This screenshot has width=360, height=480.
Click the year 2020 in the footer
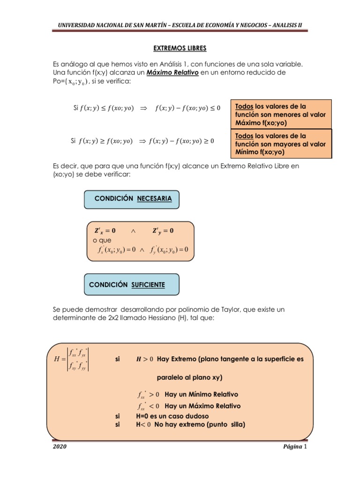59,447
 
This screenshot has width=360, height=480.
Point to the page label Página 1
294,447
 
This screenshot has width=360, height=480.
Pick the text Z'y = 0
163,231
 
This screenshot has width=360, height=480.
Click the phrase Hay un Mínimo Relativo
202,394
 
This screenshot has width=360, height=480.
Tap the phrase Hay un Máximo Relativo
202,406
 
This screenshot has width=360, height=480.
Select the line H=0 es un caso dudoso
172,416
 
